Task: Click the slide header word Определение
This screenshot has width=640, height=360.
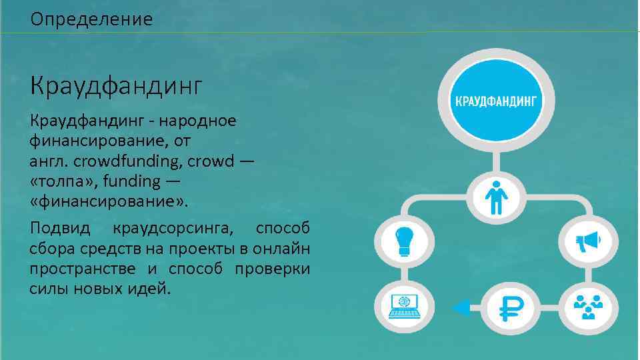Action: [91, 19]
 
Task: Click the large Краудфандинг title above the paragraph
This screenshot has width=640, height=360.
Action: [115, 86]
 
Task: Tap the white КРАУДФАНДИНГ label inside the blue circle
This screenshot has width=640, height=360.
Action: [495, 101]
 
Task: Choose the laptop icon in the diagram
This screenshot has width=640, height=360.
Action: [404, 307]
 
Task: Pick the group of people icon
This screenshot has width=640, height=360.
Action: [587, 307]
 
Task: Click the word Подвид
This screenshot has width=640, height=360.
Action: [59, 229]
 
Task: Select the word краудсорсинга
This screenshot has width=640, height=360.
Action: [173, 229]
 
